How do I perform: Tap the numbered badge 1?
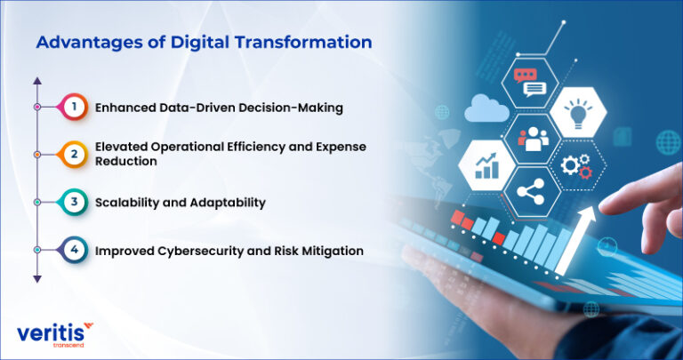click(x=76, y=107)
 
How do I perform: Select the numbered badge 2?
click(x=76, y=153)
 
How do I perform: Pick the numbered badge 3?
click(x=76, y=202)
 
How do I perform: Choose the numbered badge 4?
click(x=76, y=251)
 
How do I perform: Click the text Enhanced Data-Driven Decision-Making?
click(x=219, y=108)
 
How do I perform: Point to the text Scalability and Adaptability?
click(x=180, y=203)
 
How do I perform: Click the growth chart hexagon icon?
click(x=486, y=165)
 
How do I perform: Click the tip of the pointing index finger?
click(x=604, y=205)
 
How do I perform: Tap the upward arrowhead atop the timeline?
click(x=37, y=80)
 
